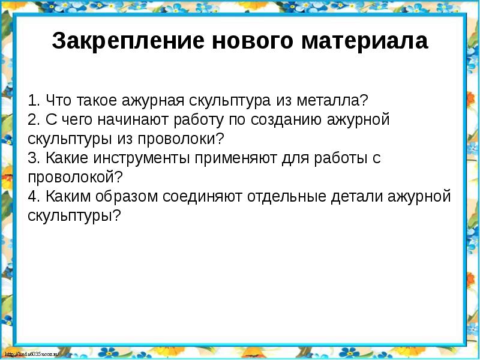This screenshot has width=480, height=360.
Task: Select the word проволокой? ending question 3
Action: [x=75, y=178]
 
